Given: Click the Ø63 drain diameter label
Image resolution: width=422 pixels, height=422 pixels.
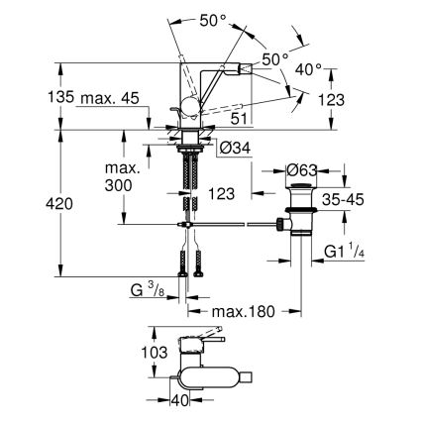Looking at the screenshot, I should pyautogui.click(x=300, y=170).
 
